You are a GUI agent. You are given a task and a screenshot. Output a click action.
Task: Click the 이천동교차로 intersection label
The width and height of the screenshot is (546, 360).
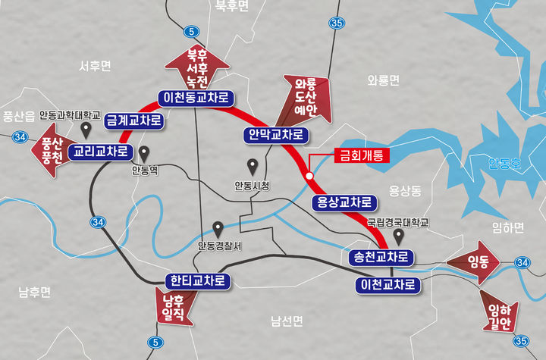196,97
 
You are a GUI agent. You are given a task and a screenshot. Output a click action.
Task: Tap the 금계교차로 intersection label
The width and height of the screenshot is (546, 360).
135,120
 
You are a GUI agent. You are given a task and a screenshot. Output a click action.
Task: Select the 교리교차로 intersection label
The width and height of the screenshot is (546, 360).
99,152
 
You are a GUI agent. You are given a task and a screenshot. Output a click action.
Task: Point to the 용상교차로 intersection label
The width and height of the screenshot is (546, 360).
344,202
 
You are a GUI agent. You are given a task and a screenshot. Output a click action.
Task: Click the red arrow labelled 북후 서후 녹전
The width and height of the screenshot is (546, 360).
197,66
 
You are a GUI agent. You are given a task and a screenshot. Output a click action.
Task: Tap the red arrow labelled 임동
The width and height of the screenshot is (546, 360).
475,262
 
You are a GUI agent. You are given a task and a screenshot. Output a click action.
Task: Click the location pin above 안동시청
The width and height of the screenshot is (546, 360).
253,166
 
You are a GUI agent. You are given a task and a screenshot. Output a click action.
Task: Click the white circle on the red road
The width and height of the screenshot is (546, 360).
309,176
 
